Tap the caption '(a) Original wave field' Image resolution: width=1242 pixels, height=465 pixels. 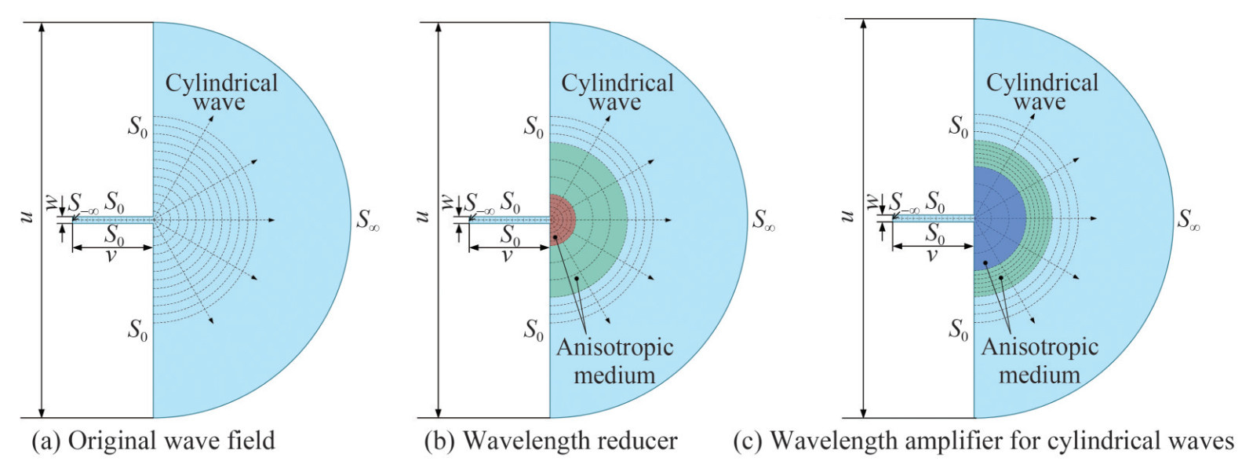[x=153, y=441]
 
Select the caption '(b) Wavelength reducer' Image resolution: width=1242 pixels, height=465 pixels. [x=550, y=441]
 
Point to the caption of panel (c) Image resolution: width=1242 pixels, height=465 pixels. [x=983, y=441]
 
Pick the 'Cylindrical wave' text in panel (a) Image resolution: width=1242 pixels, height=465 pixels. [x=220, y=92]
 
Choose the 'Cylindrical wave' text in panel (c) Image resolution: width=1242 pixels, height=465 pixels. [x=1041, y=92]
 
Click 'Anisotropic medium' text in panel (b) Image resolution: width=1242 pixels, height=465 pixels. [x=614, y=361]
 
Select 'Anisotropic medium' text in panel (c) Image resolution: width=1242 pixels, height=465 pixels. [x=1040, y=361]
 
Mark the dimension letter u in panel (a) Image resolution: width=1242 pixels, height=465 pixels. [x=26, y=215]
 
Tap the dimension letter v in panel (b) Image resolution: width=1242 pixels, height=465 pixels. [x=508, y=255]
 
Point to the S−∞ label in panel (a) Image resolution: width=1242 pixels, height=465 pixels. [x=83, y=203]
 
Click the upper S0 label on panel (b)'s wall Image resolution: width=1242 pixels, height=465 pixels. [x=534, y=126]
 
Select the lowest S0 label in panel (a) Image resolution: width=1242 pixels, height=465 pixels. [x=137, y=330]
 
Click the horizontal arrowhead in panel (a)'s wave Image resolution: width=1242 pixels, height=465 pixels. [x=271, y=220]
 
